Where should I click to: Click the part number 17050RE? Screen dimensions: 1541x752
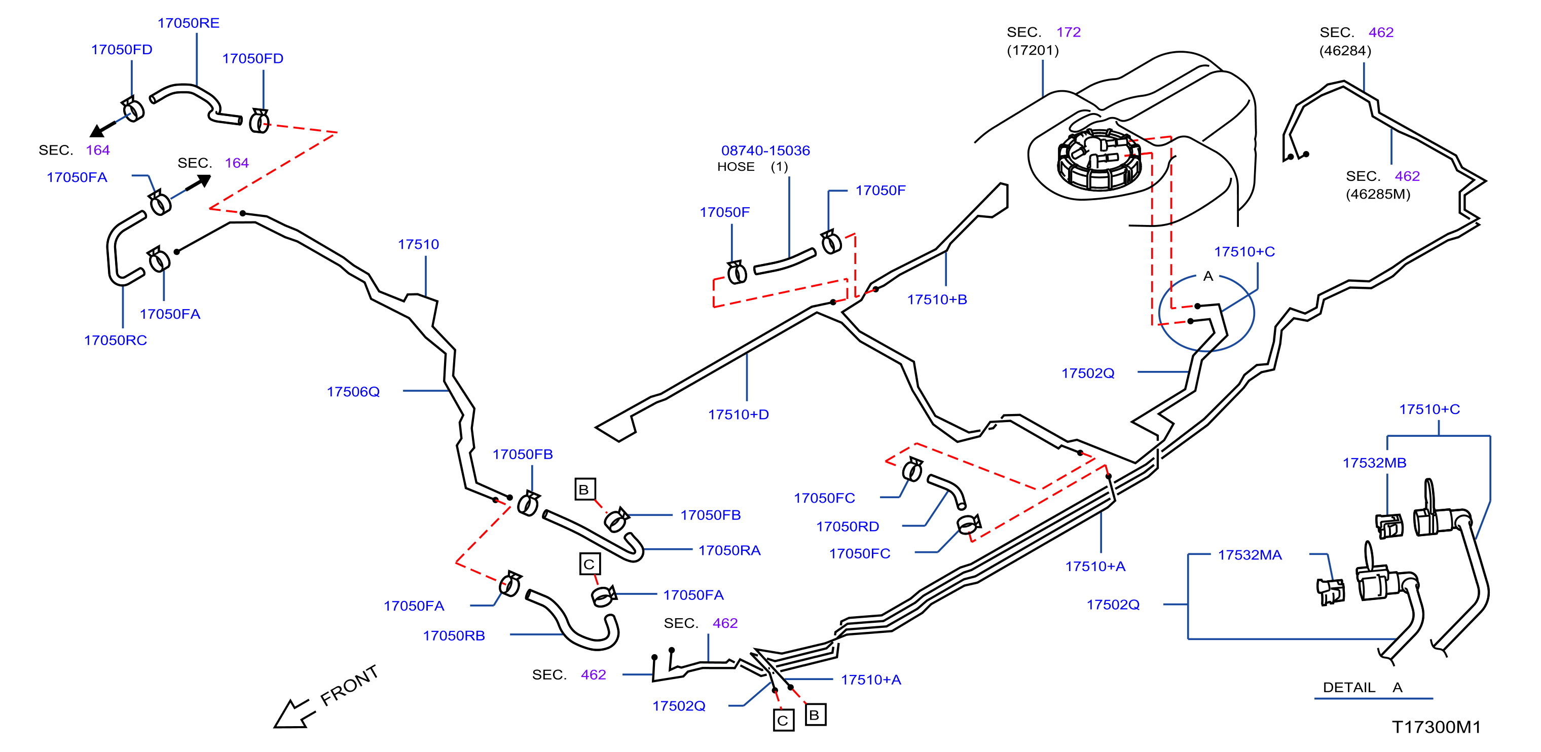click(x=189, y=23)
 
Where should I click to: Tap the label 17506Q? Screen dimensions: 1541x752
click(x=353, y=391)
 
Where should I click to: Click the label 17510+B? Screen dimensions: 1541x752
click(x=937, y=299)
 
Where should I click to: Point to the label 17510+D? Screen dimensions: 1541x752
click(x=738, y=414)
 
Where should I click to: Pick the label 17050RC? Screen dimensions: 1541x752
click(x=116, y=340)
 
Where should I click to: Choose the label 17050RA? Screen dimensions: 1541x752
click(x=729, y=550)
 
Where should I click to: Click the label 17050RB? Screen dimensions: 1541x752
click(x=454, y=635)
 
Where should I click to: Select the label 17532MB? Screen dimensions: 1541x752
click(x=1374, y=463)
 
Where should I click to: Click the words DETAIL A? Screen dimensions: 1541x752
click(x=1362, y=687)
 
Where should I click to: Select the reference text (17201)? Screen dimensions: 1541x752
click(x=1033, y=50)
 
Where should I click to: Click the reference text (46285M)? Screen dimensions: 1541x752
click(x=1378, y=194)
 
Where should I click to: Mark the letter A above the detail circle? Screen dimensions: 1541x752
click(x=1208, y=276)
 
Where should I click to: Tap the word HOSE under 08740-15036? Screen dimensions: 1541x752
click(x=736, y=166)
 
